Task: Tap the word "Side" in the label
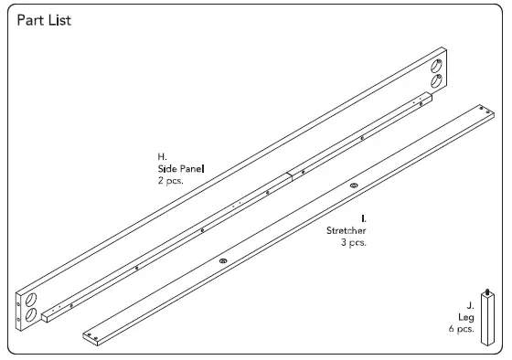click(166, 169)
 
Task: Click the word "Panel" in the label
click(192, 169)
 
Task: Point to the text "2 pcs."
click(171, 181)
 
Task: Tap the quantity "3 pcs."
click(352, 244)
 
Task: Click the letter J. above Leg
click(470, 304)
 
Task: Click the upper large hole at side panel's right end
click(436, 65)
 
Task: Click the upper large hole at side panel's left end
click(31, 299)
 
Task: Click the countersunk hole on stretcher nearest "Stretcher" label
click(354, 186)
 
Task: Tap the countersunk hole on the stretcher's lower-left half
click(221, 260)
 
